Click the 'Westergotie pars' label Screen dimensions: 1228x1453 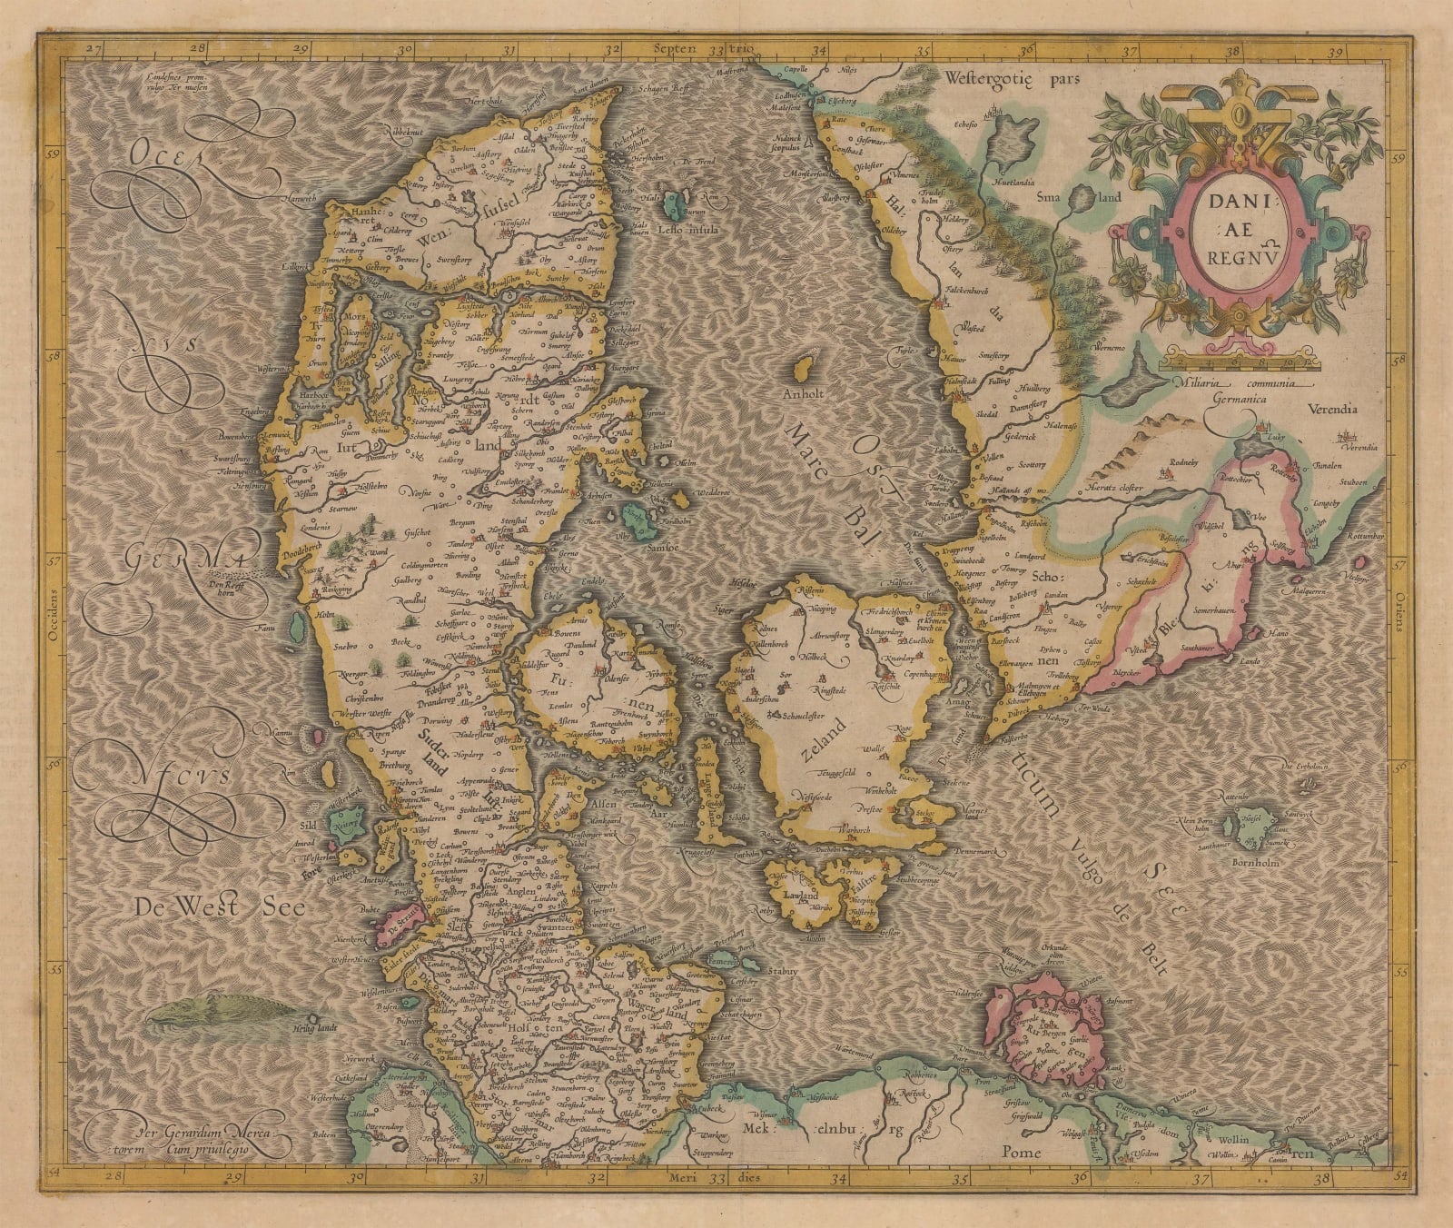coord(1010,78)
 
